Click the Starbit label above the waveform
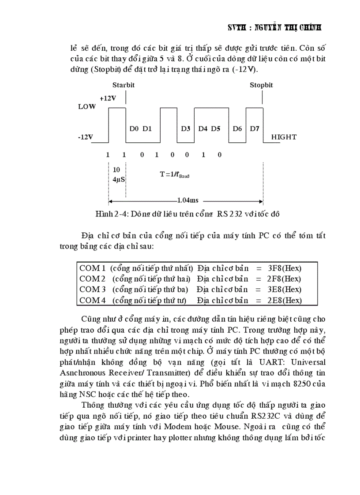click(x=123, y=85)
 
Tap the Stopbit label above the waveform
click(x=261, y=85)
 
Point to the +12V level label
click(x=108, y=98)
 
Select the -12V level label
click(x=86, y=137)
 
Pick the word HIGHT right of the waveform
click(x=284, y=137)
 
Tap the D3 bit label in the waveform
click(x=186, y=129)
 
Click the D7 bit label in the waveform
click(x=255, y=129)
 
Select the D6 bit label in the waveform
click(x=237, y=129)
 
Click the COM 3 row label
click(x=92, y=290)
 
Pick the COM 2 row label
click(x=92, y=279)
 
